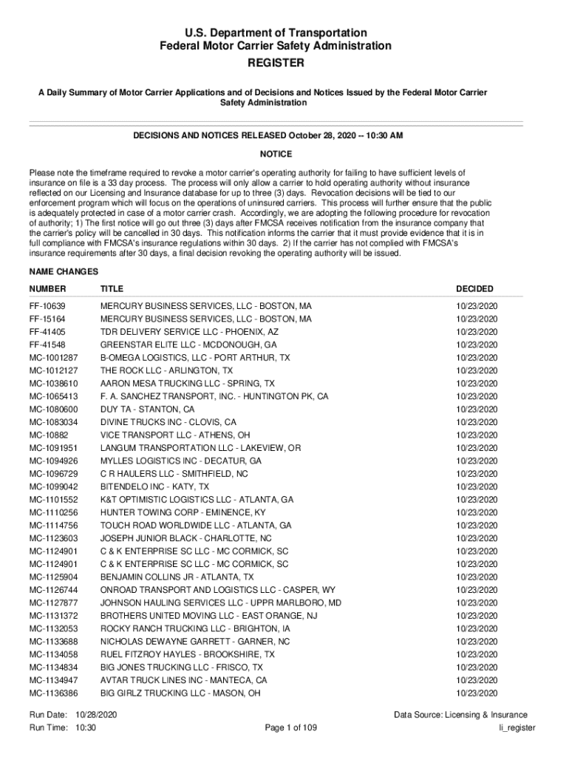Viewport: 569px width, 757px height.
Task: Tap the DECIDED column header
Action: [x=474, y=289]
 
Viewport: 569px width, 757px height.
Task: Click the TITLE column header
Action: [x=112, y=289]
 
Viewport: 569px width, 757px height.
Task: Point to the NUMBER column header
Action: [x=47, y=289]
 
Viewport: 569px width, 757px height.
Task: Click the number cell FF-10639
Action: [x=47, y=306]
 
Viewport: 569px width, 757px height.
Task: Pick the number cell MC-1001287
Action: [x=53, y=358]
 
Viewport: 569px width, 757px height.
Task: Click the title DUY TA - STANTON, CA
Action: [x=148, y=409]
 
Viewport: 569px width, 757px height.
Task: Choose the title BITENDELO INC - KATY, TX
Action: [x=154, y=486]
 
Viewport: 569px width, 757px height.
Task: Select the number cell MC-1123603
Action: [x=53, y=538]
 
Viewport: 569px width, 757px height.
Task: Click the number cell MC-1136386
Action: [x=53, y=693]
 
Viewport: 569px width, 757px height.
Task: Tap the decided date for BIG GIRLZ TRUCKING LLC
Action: [x=477, y=693]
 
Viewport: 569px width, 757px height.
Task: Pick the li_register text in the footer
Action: [x=517, y=728]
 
